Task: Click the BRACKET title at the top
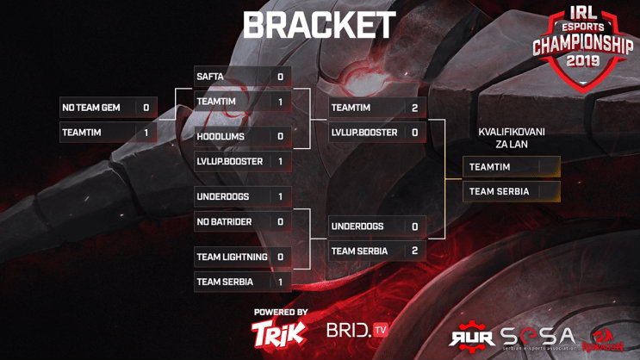320,26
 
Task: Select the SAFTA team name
211,77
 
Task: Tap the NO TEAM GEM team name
90,108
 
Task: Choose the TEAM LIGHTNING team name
233,257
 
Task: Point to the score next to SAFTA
280,77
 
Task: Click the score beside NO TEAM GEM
146,108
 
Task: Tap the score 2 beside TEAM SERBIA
414,251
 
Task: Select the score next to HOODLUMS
280,136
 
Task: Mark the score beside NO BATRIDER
280,221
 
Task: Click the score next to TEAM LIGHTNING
280,257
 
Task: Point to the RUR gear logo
472,338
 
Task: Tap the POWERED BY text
281,312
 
